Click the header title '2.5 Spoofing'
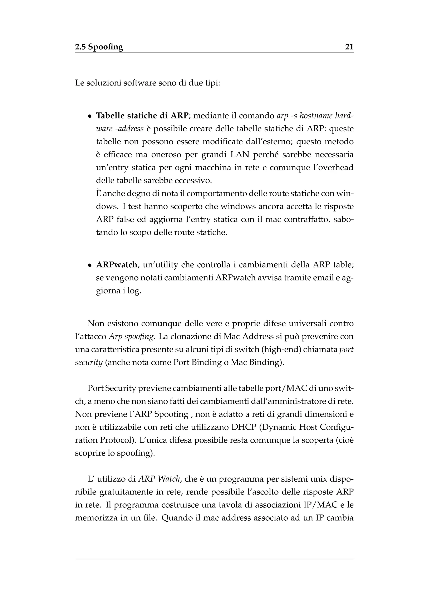(99, 47)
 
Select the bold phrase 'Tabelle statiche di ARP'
(142, 116)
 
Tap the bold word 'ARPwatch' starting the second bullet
(117, 265)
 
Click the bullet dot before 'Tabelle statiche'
(90, 116)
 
